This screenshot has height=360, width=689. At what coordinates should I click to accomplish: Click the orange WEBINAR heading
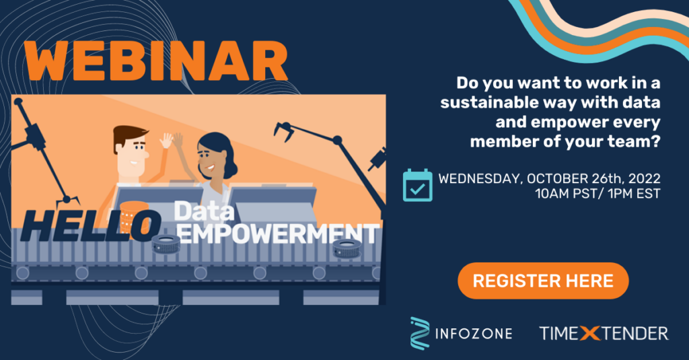pos(156,61)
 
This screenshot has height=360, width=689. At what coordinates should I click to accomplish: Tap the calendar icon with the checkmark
pos(417,185)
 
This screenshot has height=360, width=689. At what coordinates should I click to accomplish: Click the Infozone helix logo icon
pos(420,333)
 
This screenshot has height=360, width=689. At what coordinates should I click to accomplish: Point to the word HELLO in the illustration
pos(91,225)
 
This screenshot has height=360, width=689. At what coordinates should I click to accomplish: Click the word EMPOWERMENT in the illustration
pos(279,234)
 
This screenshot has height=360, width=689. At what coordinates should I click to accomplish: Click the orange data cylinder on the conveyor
pos(134,216)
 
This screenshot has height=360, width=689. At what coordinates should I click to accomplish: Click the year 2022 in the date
pos(644,178)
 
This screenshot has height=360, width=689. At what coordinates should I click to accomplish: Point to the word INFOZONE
pos(473,334)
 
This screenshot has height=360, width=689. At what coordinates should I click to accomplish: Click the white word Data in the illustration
pos(205,211)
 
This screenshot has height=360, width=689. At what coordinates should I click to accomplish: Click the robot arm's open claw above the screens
pos(283,131)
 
